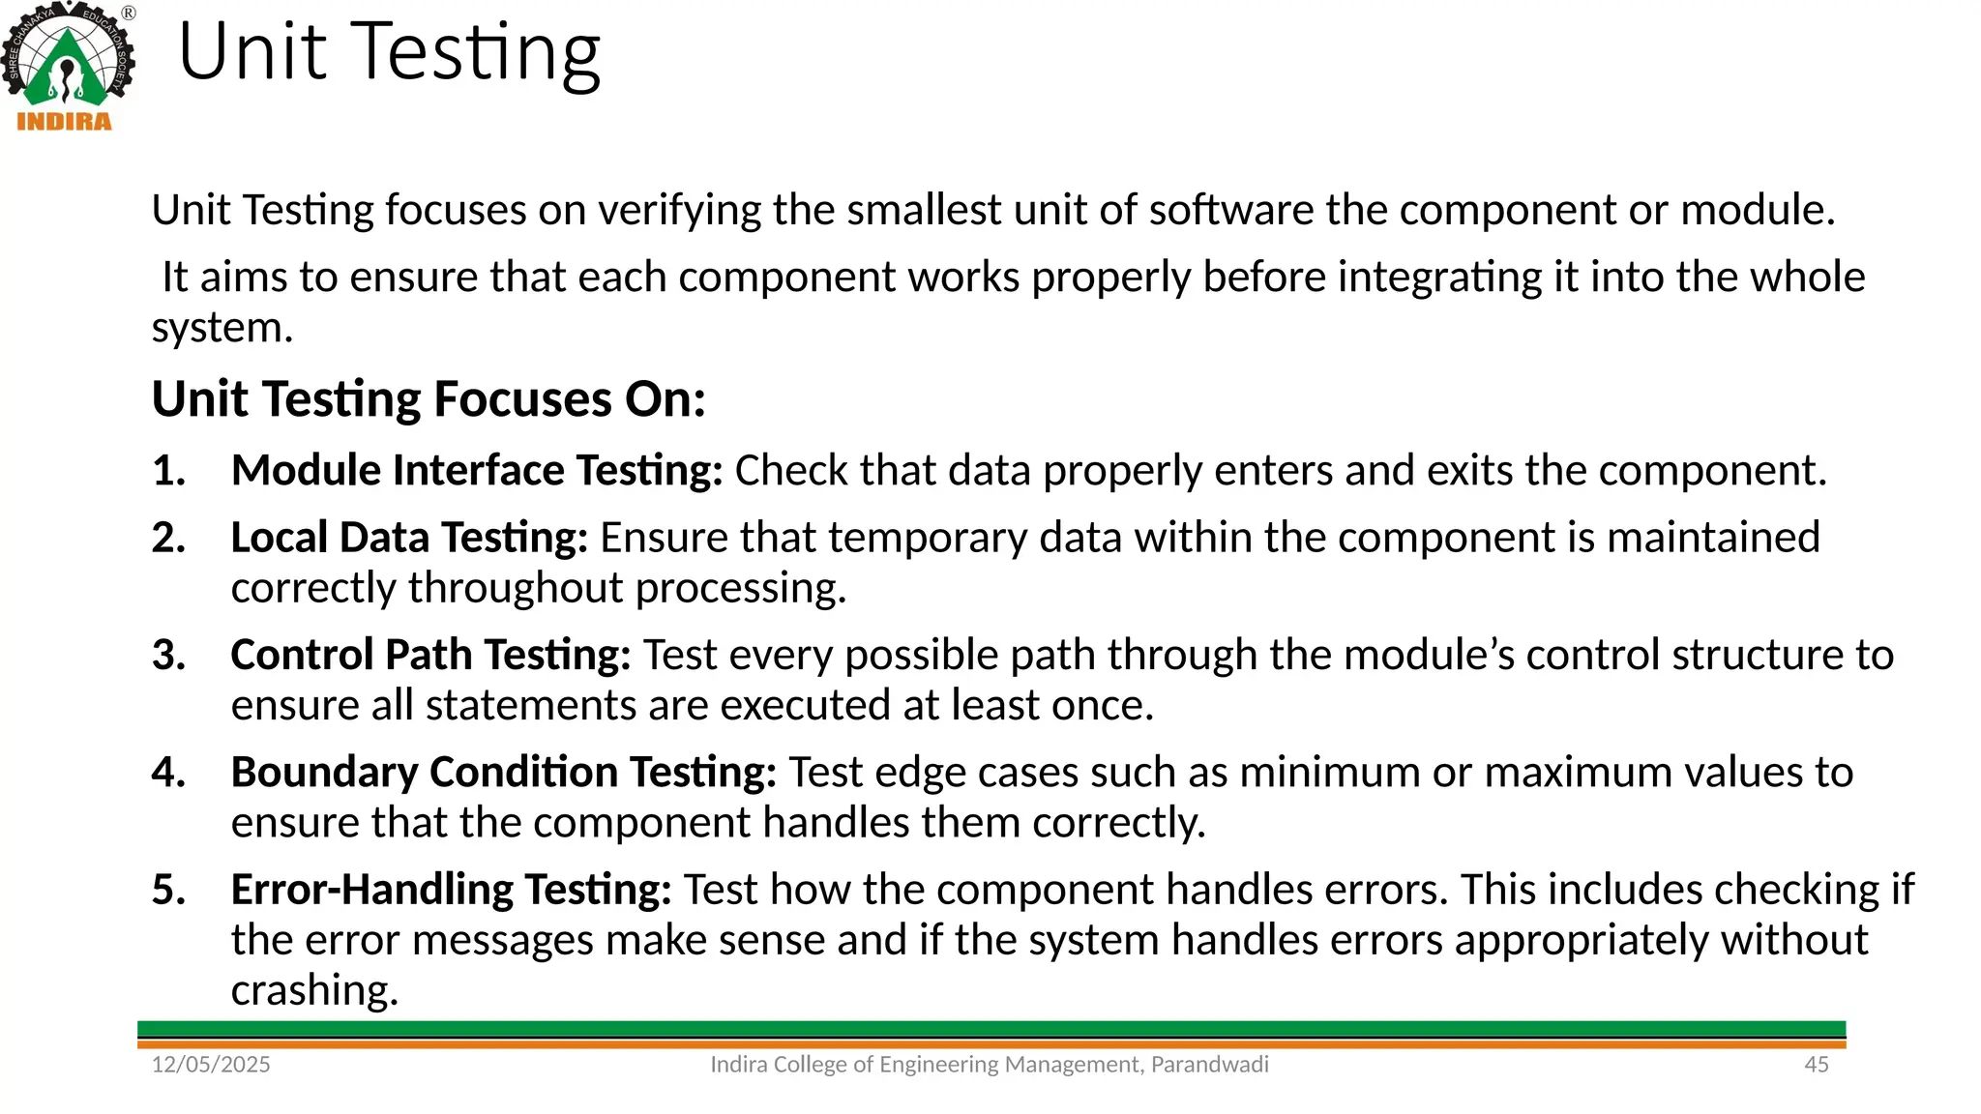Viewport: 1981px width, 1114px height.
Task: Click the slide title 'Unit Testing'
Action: [389, 52]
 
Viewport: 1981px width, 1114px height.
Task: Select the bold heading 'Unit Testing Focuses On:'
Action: [429, 399]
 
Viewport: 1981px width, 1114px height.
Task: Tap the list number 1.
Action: [168, 471]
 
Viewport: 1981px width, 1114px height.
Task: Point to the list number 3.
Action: [168, 656]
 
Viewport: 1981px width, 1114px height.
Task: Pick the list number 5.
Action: [168, 890]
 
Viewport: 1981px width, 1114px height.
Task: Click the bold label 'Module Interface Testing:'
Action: [477, 471]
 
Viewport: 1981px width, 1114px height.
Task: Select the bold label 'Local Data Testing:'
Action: [409, 538]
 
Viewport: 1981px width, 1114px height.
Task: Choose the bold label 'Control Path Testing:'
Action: [430, 656]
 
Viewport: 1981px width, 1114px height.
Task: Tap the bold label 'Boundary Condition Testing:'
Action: [503, 773]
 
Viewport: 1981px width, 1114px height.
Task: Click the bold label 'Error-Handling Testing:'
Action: [451, 890]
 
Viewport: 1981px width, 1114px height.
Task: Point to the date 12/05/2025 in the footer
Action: [211, 1065]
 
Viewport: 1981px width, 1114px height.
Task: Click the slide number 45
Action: [1817, 1065]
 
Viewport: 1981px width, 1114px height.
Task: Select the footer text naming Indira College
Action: [989, 1065]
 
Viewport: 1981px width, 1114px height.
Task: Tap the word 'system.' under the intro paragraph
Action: [222, 329]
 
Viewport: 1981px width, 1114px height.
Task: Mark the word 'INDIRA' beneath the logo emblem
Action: [65, 122]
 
